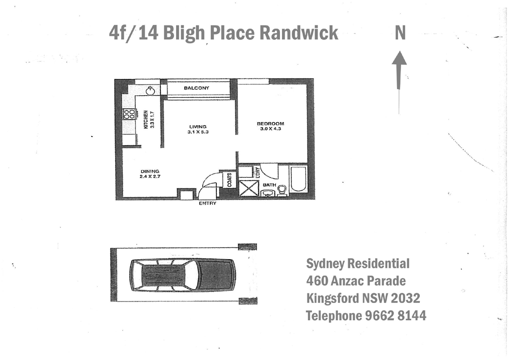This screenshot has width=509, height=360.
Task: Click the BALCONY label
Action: (x=196, y=88)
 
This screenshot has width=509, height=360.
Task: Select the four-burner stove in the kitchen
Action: (x=129, y=114)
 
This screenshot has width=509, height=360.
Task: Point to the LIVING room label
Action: (x=197, y=127)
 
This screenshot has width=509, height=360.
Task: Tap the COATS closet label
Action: (x=230, y=179)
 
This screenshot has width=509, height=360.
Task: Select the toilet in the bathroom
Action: (x=281, y=190)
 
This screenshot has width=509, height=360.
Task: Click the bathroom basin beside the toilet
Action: (x=268, y=193)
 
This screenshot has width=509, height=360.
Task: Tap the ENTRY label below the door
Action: (x=207, y=203)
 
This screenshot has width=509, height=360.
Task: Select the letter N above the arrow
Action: (x=400, y=33)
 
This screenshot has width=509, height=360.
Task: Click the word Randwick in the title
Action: (x=299, y=33)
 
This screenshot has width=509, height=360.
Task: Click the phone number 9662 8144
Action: (x=395, y=316)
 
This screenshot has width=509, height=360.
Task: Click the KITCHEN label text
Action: (x=146, y=119)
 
